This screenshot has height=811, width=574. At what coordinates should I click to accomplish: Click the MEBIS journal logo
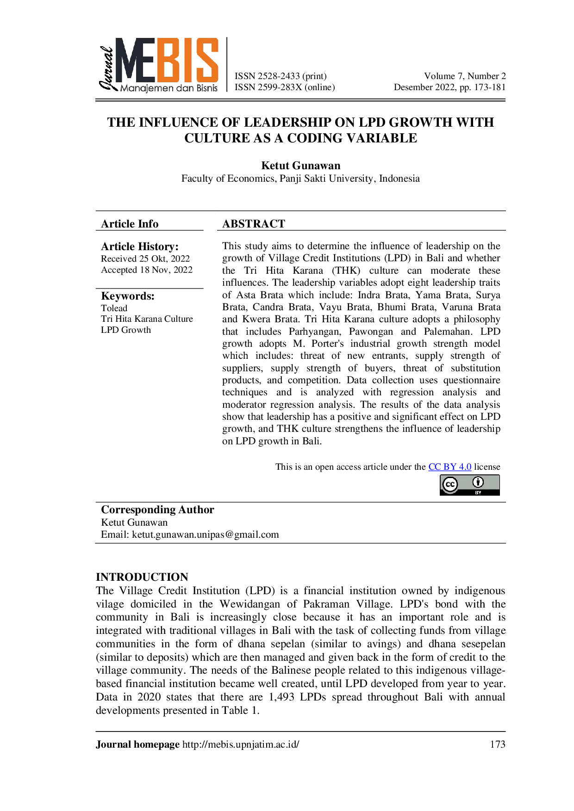pos(158,65)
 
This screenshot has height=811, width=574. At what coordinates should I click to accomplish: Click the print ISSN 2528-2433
pos(281,76)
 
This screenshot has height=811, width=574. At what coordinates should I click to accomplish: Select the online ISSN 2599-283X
pos(285,87)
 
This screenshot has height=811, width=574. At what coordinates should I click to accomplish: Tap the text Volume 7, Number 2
pos(465,76)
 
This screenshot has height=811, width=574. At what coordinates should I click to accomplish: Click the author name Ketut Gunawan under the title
pos(301,166)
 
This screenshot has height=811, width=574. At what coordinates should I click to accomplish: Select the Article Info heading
pos(130,224)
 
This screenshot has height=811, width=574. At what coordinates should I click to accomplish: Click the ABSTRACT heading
pos(254,224)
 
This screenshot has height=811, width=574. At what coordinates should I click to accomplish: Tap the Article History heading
pos(140,246)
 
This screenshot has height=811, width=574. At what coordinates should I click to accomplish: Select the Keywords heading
pos(128,296)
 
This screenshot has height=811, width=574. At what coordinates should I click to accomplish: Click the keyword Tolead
pos(114,308)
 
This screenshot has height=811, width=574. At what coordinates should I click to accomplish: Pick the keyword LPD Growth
pos(126,330)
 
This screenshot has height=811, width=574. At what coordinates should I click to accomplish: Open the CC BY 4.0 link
pos(450,467)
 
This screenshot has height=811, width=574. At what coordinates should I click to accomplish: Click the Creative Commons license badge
pos(470,485)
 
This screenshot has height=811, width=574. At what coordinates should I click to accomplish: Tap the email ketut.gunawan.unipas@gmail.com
pos(206,535)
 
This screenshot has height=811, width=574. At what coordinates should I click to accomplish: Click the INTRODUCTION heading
pos(142,577)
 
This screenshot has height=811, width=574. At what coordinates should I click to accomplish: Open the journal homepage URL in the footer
pos(241,744)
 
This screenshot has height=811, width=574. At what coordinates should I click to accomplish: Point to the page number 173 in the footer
pos(498,744)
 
